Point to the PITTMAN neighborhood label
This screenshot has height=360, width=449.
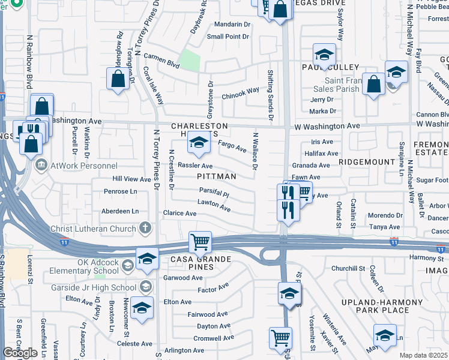point(217,176)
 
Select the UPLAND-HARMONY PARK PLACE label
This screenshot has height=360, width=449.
point(375,305)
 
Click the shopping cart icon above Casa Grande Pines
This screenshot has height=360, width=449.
point(200,242)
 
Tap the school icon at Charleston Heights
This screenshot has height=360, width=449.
point(199,143)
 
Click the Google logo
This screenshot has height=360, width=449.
point(20,353)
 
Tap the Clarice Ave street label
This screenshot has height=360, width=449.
point(180,214)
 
